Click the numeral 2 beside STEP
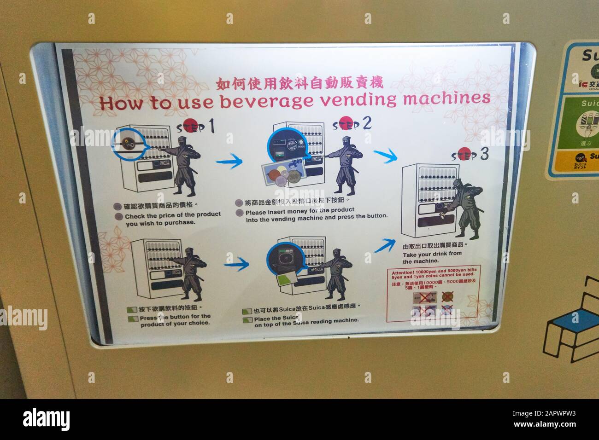click(x=367, y=123)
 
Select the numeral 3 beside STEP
click(x=483, y=155)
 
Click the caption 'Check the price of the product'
click(x=172, y=214)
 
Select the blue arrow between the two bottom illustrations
click(x=236, y=264)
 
